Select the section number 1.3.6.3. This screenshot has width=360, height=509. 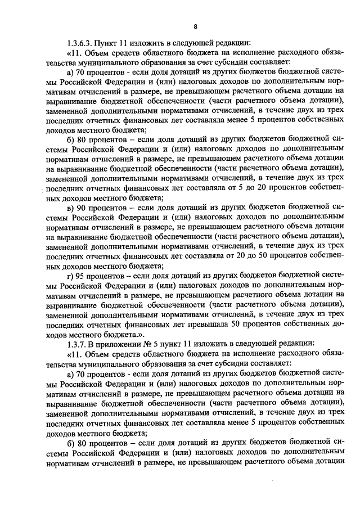(79, 43)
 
